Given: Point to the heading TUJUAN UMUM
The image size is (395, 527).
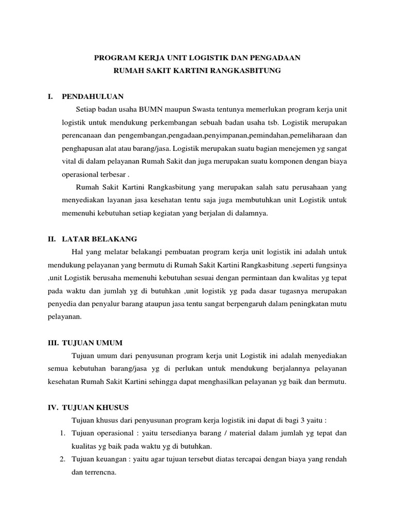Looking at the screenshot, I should (92, 342).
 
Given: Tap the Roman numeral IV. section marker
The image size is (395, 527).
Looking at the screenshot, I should (53, 407).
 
